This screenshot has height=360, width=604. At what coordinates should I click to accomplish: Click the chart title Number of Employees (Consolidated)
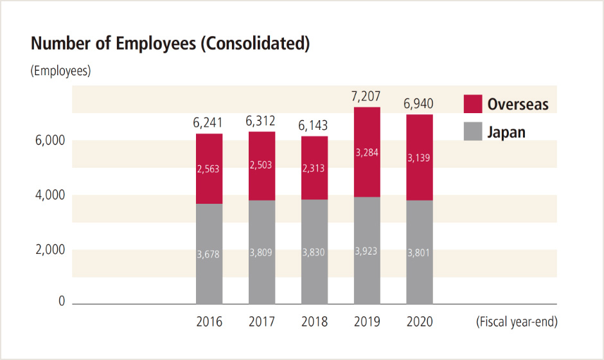170,44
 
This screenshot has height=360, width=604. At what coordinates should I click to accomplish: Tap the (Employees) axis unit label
60,71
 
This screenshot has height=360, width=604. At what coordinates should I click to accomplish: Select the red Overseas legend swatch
472,104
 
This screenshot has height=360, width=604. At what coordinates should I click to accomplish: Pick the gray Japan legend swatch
472,132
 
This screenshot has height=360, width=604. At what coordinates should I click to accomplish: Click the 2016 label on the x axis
209,321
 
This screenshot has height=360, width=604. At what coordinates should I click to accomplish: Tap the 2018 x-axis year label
314,321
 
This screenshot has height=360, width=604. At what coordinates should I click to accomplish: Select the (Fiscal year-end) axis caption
517,321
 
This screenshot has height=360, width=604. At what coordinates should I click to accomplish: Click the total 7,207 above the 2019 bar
367,96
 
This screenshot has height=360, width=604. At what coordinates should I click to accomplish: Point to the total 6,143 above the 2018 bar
314,125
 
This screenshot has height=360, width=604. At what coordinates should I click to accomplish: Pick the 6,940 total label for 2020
420,104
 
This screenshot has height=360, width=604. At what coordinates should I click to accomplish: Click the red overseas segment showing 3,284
367,152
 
